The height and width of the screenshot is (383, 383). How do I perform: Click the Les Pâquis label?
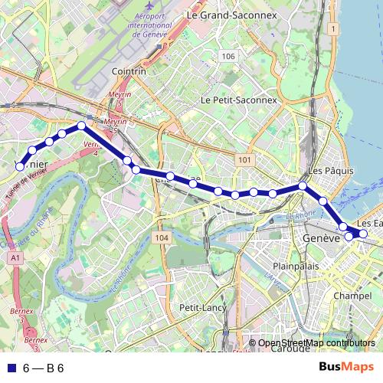point(325,169)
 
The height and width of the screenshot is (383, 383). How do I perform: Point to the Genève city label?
point(321,238)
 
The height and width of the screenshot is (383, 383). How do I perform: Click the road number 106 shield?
point(228,57)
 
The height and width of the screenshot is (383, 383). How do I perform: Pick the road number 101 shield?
point(244,159)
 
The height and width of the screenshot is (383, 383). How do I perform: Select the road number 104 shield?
point(160,238)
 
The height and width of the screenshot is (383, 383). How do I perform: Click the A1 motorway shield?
point(16,260)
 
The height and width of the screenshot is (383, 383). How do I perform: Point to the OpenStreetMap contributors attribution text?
point(317,342)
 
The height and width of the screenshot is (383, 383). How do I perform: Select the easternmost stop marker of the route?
point(363,234)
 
